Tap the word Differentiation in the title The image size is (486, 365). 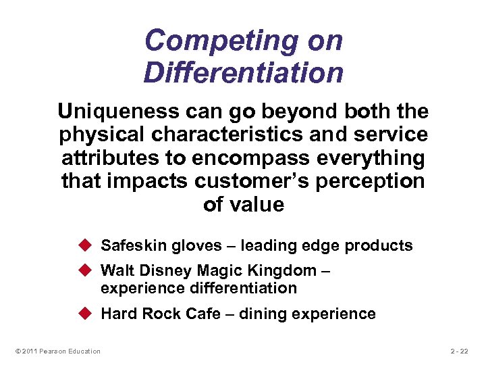(x=243, y=72)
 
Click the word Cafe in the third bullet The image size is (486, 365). (x=205, y=314)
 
